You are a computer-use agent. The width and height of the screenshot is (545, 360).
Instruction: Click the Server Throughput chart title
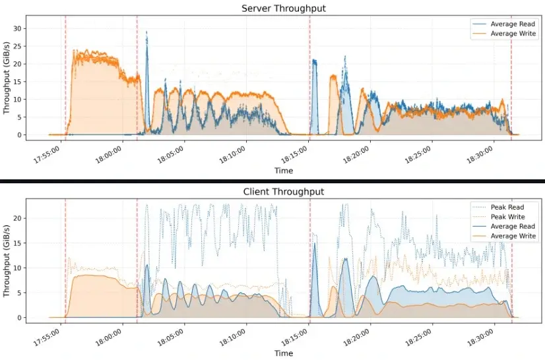click(284, 8)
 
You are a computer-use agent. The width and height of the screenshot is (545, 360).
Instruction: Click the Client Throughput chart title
click(284, 192)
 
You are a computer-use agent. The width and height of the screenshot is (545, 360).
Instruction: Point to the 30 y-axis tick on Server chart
click(36, 28)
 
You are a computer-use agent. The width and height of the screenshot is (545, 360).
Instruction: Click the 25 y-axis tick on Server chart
click(36, 46)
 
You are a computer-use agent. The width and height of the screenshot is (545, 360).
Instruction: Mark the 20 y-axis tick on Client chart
click(36, 218)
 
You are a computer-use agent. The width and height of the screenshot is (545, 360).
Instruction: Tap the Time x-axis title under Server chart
click(284, 171)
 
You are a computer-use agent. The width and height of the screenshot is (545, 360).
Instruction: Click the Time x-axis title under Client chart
click(284, 353)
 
